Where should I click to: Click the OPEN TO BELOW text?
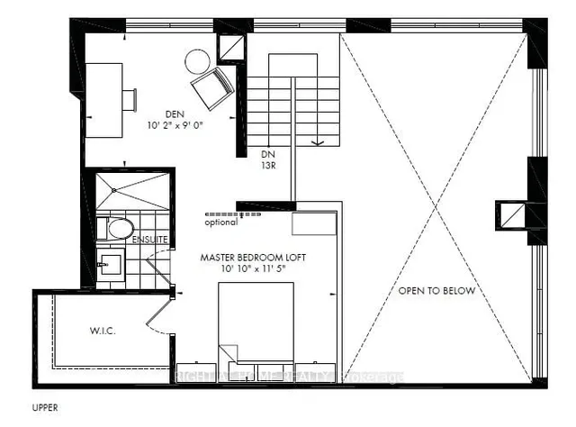(x=437, y=291)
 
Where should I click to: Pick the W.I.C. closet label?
(x=103, y=331)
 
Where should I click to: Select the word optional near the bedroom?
(x=221, y=223)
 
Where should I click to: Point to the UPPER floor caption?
(x=45, y=407)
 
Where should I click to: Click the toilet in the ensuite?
(x=118, y=229)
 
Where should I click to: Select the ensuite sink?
(x=112, y=264)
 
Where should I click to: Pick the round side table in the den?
(x=197, y=61)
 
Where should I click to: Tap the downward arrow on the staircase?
(x=316, y=140)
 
